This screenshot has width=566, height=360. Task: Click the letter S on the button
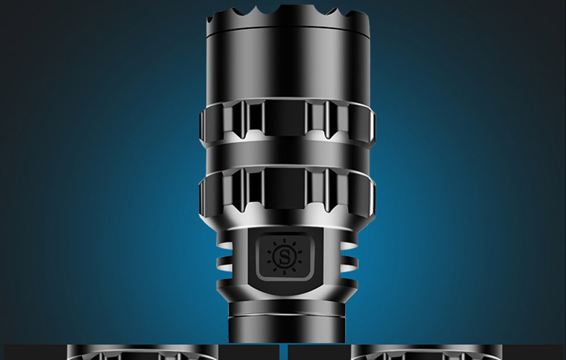click(x=284, y=257)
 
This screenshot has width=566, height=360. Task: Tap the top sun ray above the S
click(x=284, y=241)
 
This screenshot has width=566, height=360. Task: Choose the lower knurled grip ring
click(x=287, y=191)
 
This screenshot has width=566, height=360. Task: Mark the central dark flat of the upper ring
click(x=285, y=118)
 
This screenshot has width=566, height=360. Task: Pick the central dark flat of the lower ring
click(x=285, y=188)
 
